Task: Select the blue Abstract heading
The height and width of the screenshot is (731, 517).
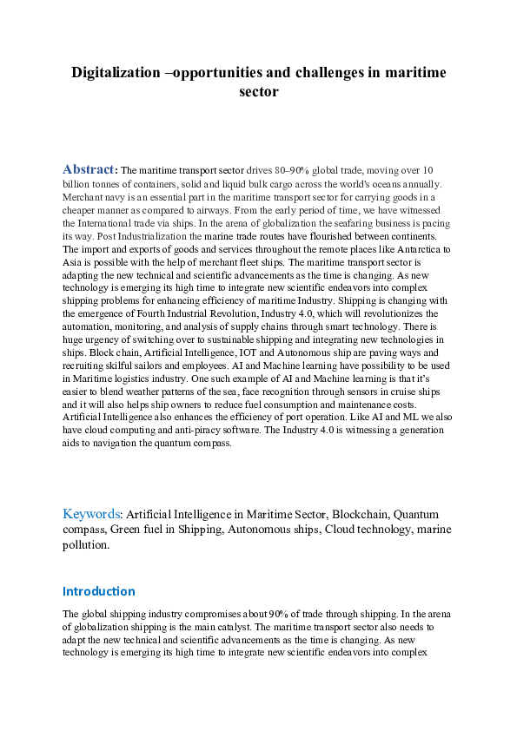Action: pyautogui.click(x=88, y=168)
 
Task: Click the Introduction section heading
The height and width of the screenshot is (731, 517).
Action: pyautogui.click(x=98, y=591)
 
